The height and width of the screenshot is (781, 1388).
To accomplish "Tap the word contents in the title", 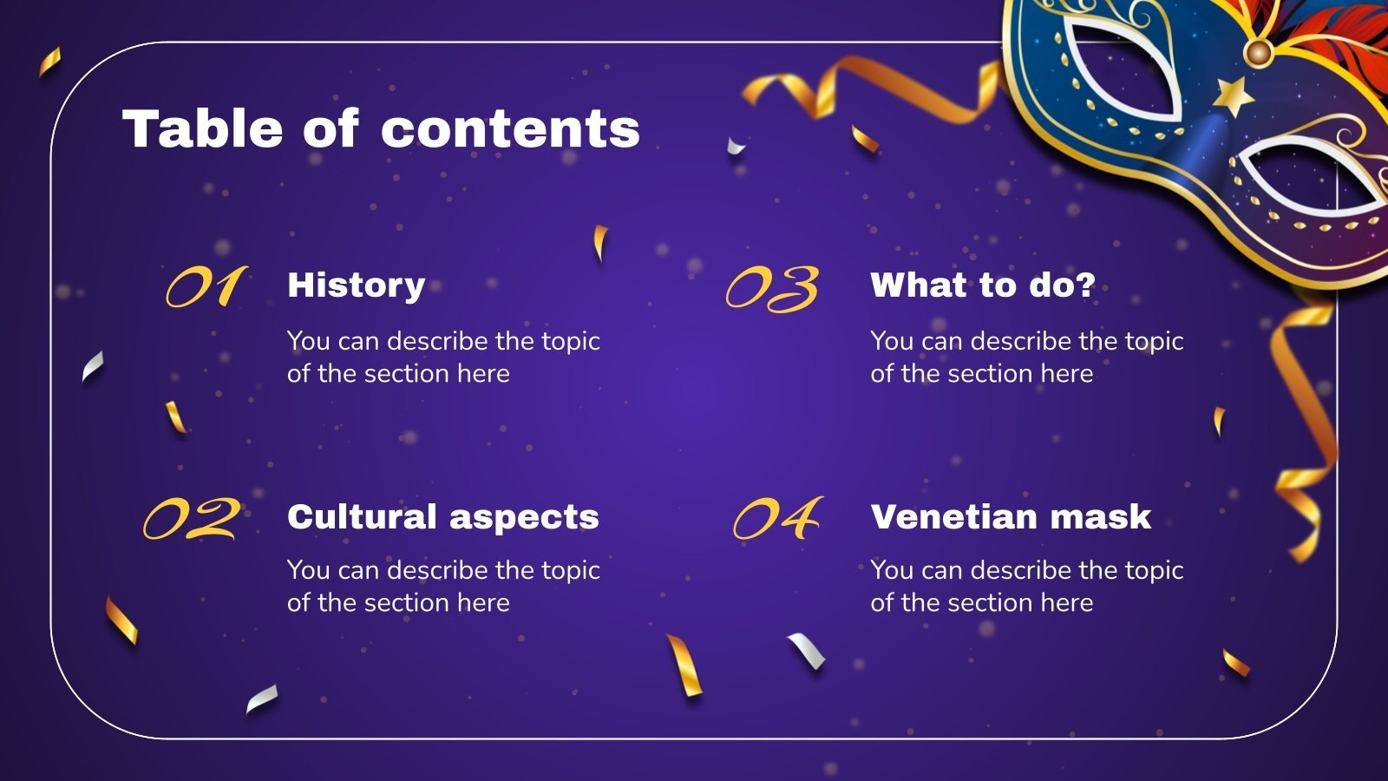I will click(x=510, y=128).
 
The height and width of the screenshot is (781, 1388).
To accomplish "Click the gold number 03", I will click(x=772, y=288).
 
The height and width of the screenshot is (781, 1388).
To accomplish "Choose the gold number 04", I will click(x=777, y=519).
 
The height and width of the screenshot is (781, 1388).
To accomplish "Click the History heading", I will click(x=356, y=285).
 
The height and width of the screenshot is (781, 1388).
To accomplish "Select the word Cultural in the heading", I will click(x=362, y=517).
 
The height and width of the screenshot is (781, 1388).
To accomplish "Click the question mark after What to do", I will click(x=1084, y=285).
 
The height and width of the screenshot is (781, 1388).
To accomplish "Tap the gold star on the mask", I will click(x=1233, y=95).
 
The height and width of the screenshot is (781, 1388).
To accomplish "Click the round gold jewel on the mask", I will click(x=1258, y=53).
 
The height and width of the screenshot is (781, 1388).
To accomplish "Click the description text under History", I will click(x=442, y=357).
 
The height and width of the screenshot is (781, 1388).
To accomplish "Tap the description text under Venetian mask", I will click(x=1026, y=586).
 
